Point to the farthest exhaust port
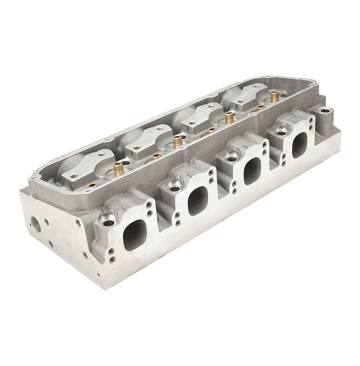pyautogui.click(x=299, y=145)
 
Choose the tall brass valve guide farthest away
pyautogui.click(x=274, y=97)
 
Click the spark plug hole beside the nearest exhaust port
pyautogui.click(x=109, y=223)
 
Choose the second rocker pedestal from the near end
pyautogui.click(x=147, y=138)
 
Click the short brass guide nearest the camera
pyautogui.click(x=93, y=185)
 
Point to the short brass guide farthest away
pyautogui.click(x=261, y=108)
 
